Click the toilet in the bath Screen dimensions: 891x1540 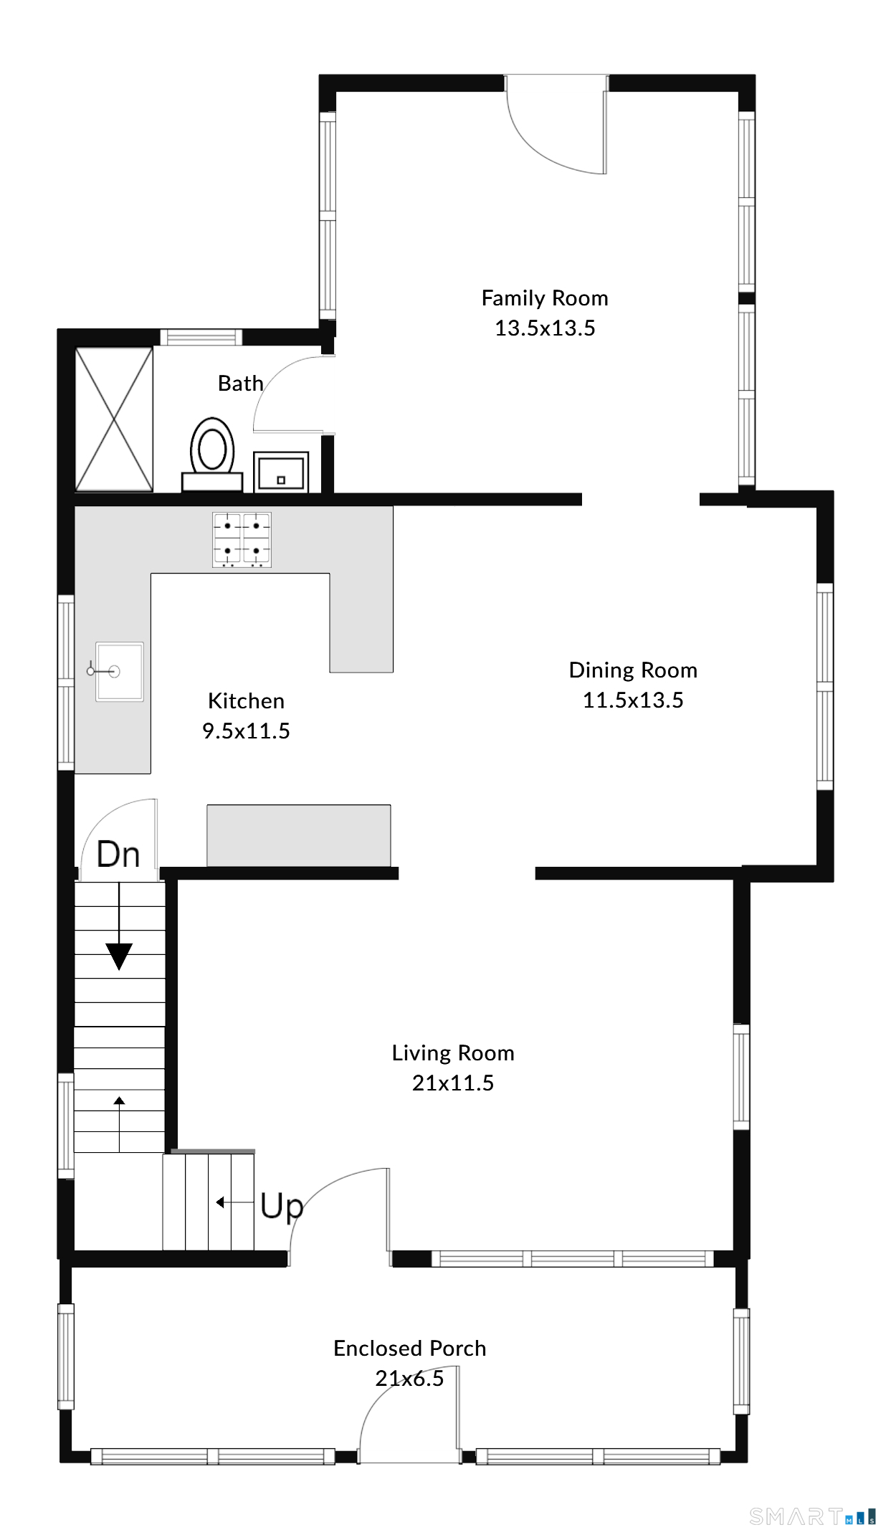tap(212, 455)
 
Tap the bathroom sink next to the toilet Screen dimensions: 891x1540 tap(281, 472)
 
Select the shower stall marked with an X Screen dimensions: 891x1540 tap(114, 419)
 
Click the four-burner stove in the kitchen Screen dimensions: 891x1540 tap(242, 539)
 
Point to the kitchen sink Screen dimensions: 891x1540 tap(119, 671)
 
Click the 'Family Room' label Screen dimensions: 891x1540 tap(545, 298)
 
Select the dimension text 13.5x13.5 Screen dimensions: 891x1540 tap(545, 328)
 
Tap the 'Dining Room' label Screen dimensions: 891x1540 tap(633, 670)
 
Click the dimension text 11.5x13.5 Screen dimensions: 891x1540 tap(633, 700)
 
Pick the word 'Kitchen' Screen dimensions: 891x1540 tap(246, 700)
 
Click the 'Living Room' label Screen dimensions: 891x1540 tap(453, 1052)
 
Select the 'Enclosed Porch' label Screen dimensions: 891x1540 tap(410, 1348)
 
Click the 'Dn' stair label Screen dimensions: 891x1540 tap(118, 854)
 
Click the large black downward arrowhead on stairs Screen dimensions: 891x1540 tap(119, 956)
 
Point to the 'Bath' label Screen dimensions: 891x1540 tap(241, 383)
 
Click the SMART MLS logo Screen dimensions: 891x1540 tap(812, 1516)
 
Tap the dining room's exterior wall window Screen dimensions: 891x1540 tap(825, 687)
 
